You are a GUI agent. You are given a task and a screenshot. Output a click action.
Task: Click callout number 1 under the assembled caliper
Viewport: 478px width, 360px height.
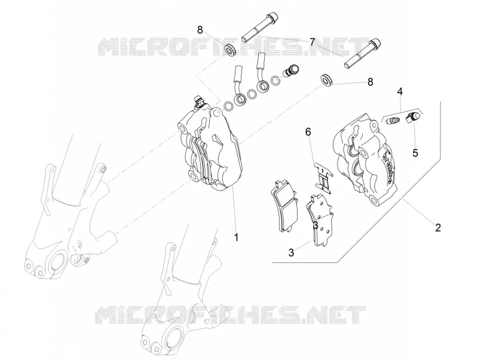236,237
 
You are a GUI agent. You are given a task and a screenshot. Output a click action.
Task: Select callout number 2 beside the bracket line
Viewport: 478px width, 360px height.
438,228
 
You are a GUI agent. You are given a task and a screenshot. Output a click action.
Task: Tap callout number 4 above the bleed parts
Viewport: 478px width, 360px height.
400,91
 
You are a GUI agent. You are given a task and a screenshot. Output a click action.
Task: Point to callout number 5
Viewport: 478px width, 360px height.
415,152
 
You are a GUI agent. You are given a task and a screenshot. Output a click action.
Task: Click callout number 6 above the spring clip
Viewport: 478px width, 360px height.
308,132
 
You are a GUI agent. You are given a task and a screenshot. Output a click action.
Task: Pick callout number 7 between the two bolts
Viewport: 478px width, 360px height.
312,42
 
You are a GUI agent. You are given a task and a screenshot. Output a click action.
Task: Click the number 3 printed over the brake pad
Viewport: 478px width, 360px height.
315,225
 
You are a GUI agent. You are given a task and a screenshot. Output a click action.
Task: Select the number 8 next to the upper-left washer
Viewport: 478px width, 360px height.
200,30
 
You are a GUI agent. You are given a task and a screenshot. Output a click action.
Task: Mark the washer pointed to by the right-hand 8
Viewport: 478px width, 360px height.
326,80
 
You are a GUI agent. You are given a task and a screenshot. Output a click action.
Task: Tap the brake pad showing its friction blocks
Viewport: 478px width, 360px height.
284,205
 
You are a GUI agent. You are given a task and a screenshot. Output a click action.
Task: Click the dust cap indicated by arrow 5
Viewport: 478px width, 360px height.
413,117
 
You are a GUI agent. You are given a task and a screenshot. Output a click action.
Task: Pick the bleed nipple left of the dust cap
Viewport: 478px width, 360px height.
393,121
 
